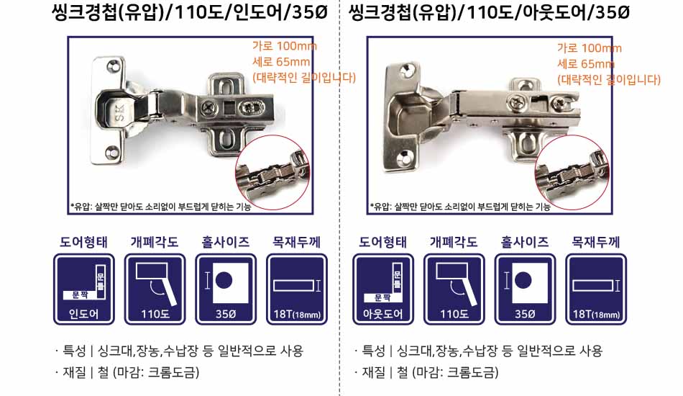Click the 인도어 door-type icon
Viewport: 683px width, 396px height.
[83, 289]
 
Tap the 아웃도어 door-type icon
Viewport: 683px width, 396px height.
[383, 289]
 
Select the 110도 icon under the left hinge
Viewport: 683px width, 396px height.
[155, 289]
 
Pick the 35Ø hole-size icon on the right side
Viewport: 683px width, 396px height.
[525, 289]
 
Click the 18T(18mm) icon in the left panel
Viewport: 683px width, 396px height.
[297, 289]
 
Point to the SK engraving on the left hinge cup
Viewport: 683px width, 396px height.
[119, 113]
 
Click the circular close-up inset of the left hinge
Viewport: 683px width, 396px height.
[272, 173]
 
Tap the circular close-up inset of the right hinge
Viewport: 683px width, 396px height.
[572, 173]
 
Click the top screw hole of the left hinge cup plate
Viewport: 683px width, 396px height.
[113, 67]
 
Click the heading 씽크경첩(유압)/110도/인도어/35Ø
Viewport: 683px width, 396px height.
[190, 12]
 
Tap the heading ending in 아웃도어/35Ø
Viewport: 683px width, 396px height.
[489, 12]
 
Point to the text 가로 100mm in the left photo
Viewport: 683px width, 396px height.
[285, 46]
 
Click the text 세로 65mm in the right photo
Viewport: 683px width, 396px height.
[586, 64]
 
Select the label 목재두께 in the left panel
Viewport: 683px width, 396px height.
[297, 242]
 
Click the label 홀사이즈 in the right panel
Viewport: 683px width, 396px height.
[525, 242]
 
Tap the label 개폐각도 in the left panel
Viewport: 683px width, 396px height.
[155, 242]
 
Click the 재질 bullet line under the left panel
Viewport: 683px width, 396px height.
[127, 372]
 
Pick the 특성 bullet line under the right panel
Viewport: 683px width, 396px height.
[478, 351]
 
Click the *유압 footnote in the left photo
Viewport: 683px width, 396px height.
[160, 207]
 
